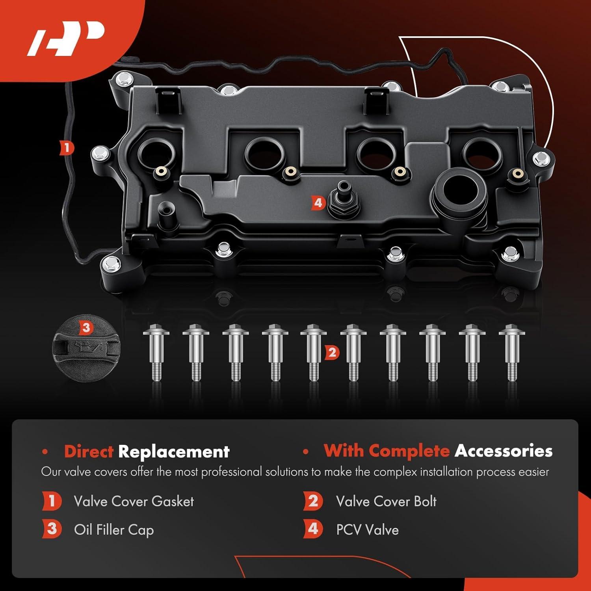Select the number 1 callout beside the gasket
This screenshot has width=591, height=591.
coord(67,148)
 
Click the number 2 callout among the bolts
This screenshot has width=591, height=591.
coord(332,352)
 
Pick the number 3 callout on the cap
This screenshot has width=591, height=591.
coord(86,327)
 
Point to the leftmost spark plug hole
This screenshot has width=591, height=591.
coord(156,153)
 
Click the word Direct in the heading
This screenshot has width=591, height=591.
coord(89,452)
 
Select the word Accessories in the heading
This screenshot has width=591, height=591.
coord(503,451)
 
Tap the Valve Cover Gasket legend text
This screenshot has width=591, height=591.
coord(134,502)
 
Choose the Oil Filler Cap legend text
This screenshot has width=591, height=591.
coord(114,530)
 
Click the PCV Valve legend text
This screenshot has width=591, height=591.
coord(367,530)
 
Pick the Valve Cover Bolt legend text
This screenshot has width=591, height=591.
coord(386,502)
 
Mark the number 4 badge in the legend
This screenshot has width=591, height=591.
coord(313,529)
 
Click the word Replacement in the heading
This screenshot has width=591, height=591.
coord(174,452)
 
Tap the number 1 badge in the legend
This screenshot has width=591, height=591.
coord(52,501)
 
